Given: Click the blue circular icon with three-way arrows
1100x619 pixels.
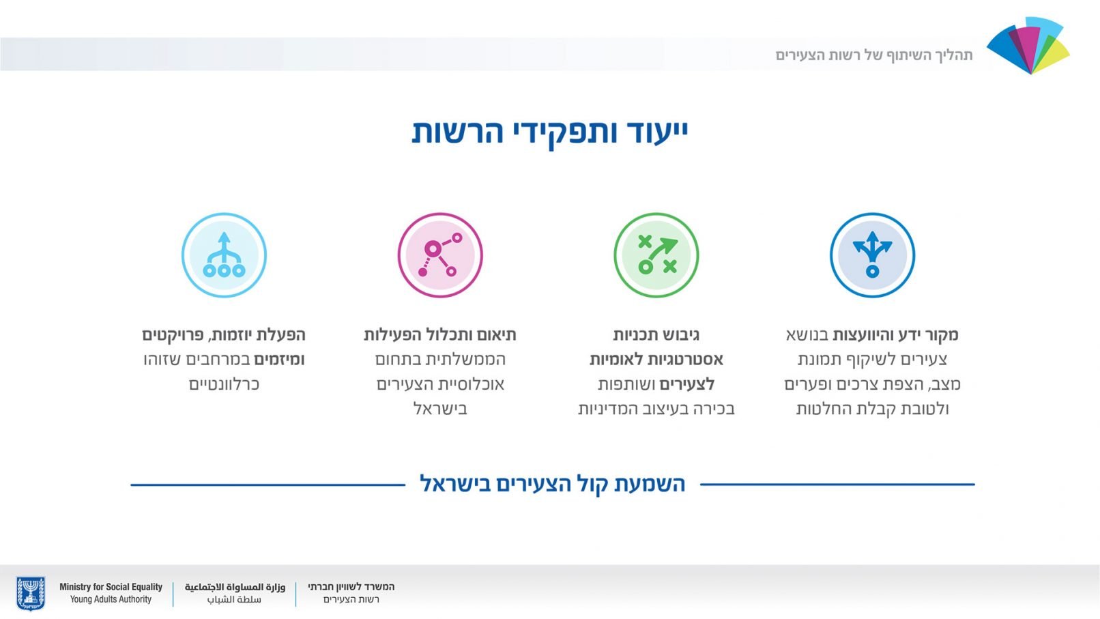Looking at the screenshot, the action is (872, 255).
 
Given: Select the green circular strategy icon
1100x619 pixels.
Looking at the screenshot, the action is (656, 255).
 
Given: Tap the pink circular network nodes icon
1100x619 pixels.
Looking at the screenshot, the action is (440, 255).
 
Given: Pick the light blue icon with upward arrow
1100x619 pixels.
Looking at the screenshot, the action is (224, 255).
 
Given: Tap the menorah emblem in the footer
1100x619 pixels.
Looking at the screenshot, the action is (31, 593).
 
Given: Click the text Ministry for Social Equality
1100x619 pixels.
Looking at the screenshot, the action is (111, 586).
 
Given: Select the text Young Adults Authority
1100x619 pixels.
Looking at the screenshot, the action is (111, 599).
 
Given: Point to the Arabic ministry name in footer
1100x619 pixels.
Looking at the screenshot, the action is (235, 586).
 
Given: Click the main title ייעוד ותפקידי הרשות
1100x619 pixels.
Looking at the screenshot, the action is (550, 132).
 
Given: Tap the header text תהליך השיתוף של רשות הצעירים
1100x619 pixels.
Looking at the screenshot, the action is (874, 55).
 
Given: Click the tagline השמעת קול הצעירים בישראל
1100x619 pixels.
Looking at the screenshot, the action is (553, 484).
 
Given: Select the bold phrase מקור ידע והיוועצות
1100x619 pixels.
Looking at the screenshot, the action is (896, 335).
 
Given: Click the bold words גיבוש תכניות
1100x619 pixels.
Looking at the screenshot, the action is (656, 335).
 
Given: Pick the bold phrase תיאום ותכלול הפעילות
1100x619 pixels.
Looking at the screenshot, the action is (440, 335).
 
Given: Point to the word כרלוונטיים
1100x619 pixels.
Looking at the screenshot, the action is (224, 384).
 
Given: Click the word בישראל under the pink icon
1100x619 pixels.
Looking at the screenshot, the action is (440, 409).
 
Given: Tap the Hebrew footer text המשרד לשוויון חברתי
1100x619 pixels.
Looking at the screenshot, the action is (351, 586).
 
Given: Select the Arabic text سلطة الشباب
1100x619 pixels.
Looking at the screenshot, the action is (234, 599).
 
